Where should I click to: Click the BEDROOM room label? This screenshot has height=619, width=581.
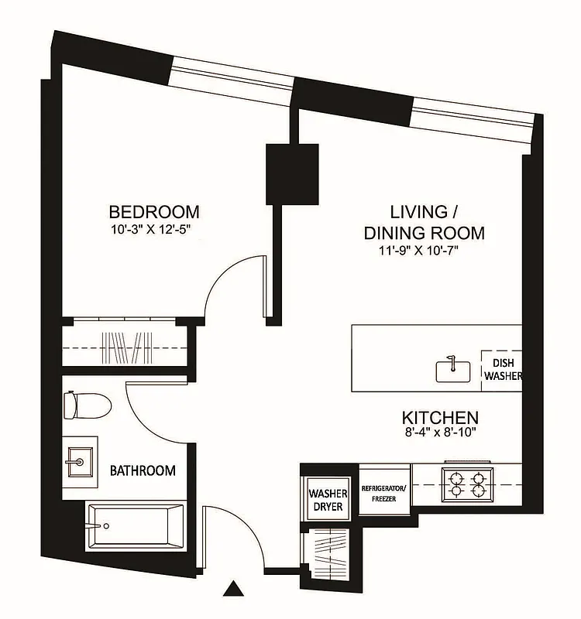tap(153, 211)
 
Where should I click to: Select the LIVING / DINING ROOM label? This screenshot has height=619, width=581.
tap(425, 222)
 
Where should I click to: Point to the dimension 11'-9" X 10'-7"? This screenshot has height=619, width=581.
tap(425, 249)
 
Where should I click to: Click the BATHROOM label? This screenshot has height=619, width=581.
tap(142, 470)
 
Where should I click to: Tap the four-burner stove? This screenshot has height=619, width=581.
tap(466, 483)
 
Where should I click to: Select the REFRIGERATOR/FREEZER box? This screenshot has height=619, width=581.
tap(384, 493)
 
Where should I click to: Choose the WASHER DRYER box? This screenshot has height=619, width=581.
tap(328, 499)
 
